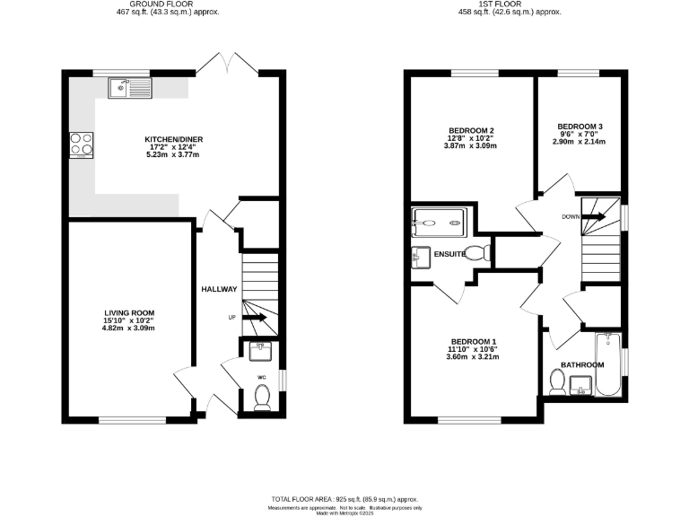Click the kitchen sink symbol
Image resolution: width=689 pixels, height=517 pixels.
(131, 87)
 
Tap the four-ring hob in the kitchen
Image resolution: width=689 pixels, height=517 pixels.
(79, 145)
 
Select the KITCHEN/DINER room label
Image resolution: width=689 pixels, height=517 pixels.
(174, 139)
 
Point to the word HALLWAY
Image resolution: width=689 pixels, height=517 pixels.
(219, 289)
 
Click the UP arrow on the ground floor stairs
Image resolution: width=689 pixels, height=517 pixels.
(256, 317)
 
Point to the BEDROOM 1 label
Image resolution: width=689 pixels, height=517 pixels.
(474, 342)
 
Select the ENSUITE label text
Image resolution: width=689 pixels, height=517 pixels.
(449, 255)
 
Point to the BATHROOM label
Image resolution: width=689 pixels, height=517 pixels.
(582, 365)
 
